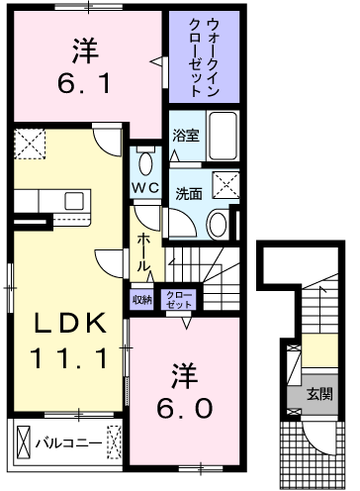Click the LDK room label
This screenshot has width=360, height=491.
coord(70,323)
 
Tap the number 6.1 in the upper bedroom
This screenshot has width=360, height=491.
coord(84,83)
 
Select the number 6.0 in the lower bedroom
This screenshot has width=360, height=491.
coord(184,408)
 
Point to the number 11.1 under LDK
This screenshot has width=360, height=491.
coord(69,358)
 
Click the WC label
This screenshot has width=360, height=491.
coord(145,188)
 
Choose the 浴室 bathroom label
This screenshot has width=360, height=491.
coord(186,136)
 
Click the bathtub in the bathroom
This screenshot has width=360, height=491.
coord(224,136)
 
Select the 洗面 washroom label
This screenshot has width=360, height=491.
coord(189,194)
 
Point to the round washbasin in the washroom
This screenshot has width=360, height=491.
coord(218,224)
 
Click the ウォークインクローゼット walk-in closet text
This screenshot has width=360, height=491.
coord(204,57)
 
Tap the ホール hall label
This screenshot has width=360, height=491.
coord(143,252)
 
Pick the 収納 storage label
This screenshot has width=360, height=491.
coord(142,300)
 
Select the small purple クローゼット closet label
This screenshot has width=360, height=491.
coord(179,300)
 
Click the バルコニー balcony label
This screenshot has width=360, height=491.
coord(68,443)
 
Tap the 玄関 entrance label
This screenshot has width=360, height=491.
coord(319,394)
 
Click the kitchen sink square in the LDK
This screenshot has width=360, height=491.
coord(74,201)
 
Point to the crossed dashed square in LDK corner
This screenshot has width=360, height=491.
coord(30,144)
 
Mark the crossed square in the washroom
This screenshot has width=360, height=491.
coord(226,185)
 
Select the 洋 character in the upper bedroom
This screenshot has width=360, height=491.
coord(85,50)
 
